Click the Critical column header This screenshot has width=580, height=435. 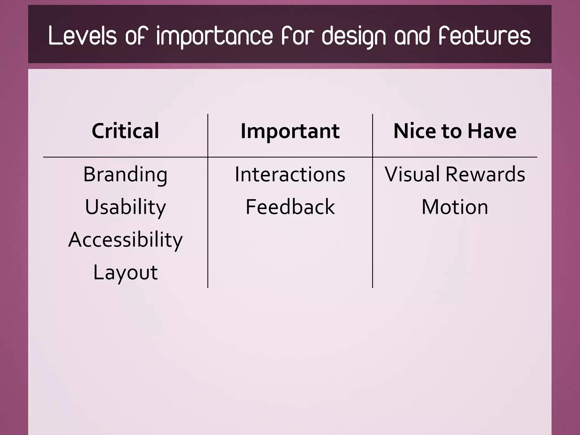pos(125,131)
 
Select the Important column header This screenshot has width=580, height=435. pos(290,131)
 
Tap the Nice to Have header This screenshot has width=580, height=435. pos(455,131)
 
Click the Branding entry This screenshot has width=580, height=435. pos(125,174)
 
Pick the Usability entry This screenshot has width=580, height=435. pos(125,207)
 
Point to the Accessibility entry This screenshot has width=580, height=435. pos(125,240)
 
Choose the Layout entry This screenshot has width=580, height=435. pos(125,272)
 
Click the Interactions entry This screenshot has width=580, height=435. pos(290,174)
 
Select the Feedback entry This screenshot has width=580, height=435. pos(290,207)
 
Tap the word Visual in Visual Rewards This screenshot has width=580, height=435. pos(412,174)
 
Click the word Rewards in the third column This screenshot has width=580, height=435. pos(485,174)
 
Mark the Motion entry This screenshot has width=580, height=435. pos(455,207)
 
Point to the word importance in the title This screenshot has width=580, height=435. pos(214,36)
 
